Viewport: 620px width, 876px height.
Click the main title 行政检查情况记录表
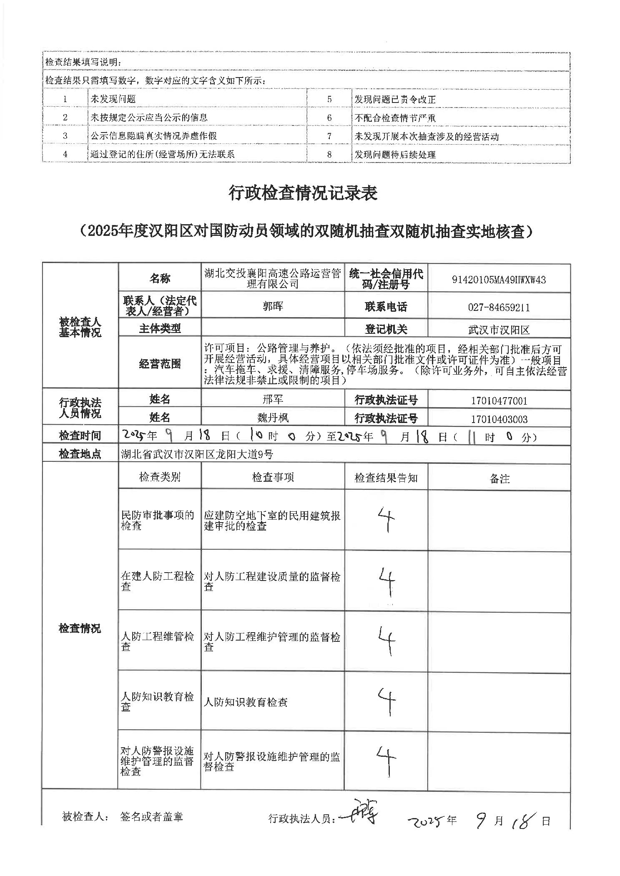click(303, 194)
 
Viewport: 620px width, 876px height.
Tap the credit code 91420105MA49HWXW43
click(499, 280)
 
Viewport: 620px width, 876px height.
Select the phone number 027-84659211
click(499, 308)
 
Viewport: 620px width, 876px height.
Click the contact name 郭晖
click(273, 306)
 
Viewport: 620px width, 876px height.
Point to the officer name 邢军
click(273, 399)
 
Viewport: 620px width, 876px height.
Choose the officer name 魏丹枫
click(273, 418)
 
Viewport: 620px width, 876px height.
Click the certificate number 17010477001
click(499, 401)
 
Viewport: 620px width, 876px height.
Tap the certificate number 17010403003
click(499, 419)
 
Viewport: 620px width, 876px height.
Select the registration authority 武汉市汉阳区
click(499, 330)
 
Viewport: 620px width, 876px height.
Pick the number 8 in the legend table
click(329, 154)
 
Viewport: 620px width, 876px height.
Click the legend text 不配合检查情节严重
click(395, 118)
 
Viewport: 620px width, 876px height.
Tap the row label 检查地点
click(80, 454)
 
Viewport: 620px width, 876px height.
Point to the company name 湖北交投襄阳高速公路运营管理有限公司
click(273, 279)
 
